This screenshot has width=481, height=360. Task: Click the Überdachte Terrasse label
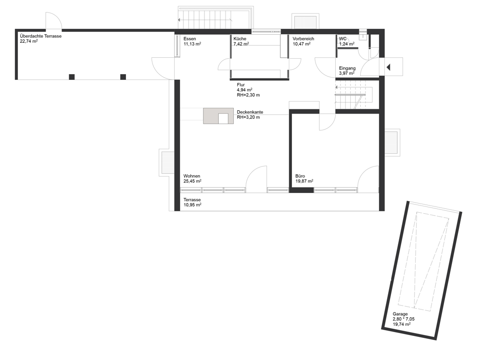coord(40,36)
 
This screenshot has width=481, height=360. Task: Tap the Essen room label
coord(190,39)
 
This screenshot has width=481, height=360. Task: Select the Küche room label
coord(240,39)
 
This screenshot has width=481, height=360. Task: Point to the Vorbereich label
coord(303,39)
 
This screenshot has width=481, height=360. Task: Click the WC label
coord(342,39)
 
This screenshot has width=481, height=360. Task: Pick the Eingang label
coord(347,68)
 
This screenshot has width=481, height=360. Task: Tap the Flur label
coord(241,85)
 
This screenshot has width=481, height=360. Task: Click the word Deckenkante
coord(250,112)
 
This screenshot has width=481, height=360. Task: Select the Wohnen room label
coord(192,176)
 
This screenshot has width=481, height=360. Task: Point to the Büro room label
coord(300,176)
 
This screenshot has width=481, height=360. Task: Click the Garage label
coord(400,314)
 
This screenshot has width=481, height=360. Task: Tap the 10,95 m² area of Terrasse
coord(192,205)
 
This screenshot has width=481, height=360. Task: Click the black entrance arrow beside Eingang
coord(388,67)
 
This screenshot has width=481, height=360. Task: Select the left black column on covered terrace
coord(72,77)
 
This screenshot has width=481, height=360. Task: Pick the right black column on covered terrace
coord(123,77)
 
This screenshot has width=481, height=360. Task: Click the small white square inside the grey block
coord(223,118)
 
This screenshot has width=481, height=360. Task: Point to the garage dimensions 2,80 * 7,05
coord(404,319)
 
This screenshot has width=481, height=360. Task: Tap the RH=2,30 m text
coord(248,95)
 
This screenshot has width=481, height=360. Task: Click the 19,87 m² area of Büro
coord(304,181)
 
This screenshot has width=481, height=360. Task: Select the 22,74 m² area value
coord(28,41)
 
